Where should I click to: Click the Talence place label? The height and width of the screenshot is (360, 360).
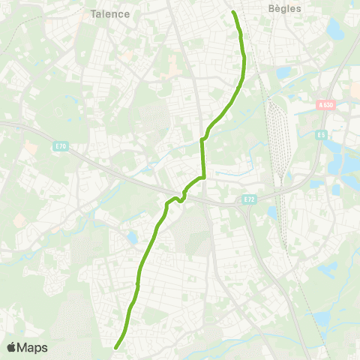[x=109, y=14]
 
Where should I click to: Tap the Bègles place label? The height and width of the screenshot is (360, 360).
[x=284, y=9]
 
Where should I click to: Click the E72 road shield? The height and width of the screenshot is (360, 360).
[x=250, y=200]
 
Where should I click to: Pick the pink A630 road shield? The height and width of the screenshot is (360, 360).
[x=324, y=106]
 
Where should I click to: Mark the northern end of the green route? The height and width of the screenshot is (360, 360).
[x=233, y=13]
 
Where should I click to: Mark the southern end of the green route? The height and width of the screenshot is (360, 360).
[x=115, y=347]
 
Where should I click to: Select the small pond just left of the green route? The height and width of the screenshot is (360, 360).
[x=133, y=238]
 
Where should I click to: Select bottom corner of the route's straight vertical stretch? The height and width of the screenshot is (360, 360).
[x=203, y=177]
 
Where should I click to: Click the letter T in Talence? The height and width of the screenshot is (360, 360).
[x=93, y=14]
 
